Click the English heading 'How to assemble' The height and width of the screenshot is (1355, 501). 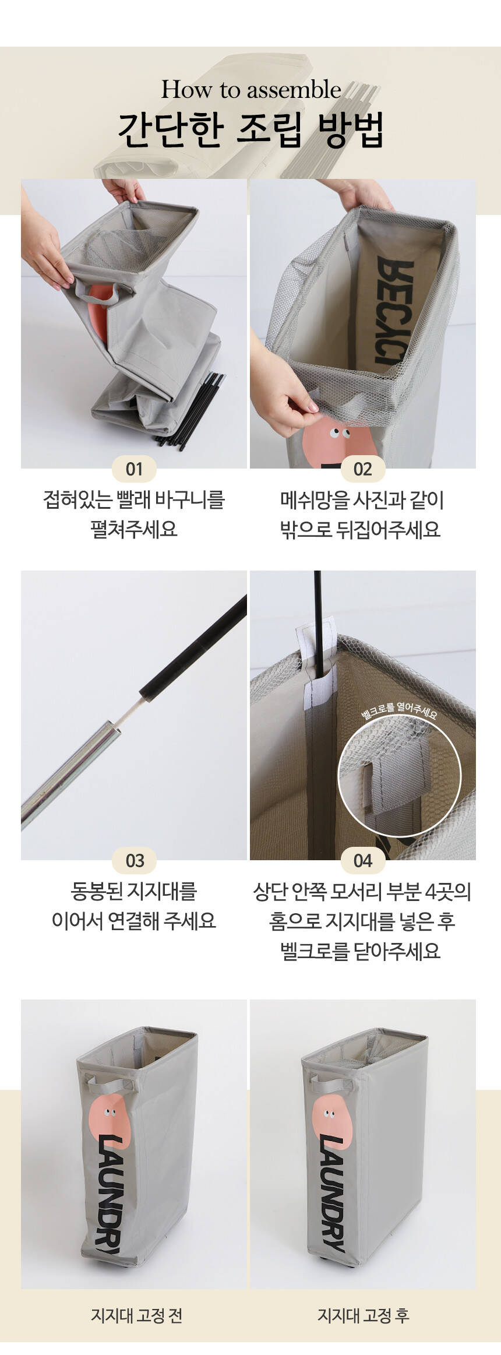tap(250, 90)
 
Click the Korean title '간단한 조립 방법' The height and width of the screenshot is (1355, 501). tap(250, 130)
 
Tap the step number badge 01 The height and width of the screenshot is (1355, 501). tap(134, 469)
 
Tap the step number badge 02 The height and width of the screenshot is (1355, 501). tap(362, 469)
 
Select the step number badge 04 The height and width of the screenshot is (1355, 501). tap(362, 861)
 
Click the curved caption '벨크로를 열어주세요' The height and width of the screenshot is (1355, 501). tap(399, 710)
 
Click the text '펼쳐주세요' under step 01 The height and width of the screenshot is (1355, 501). tap(134, 530)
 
